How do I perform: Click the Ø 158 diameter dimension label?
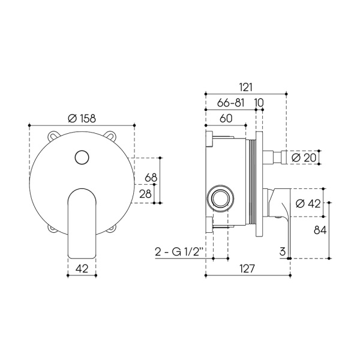[82, 118]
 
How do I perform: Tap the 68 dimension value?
[151, 178]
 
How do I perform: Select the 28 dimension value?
[145, 194]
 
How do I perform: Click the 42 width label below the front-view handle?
[82, 268]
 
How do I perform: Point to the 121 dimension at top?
[246, 87]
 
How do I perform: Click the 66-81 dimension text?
[231, 103]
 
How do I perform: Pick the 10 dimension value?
[259, 103]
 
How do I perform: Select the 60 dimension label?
[226, 118]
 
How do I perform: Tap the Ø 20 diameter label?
[304, 158]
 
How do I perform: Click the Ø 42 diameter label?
[308, 203]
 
